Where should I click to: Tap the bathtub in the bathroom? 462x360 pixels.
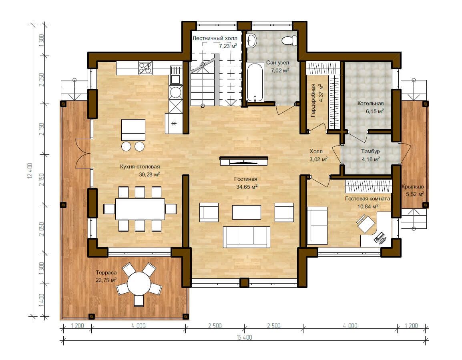(x=255, y=82)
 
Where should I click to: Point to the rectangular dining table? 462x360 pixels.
(x=140, y=209)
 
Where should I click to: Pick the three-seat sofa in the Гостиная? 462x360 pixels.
(x=246, y=237)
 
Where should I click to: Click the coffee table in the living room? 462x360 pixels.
(x=246, y=212)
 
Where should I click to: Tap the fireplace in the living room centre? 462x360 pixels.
(x=244, y=161)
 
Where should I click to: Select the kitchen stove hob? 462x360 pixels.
(x=145, y=68)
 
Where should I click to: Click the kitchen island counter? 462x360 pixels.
(x=133, y=130)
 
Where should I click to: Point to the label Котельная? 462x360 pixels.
(x=370, y=103)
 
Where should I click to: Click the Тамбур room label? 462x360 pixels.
(x=370, y=151)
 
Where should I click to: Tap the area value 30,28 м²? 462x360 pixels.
(x=149, y=174)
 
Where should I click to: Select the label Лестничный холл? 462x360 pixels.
(x=215, y=38)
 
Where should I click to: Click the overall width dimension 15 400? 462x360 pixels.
(x=244, y=337)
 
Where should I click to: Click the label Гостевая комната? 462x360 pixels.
(x=368, y=199)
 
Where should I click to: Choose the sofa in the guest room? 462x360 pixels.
(x=317, y=226)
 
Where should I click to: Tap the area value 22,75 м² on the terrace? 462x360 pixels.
(x=106, y=280)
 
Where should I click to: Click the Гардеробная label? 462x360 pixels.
(x=313, y=101)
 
